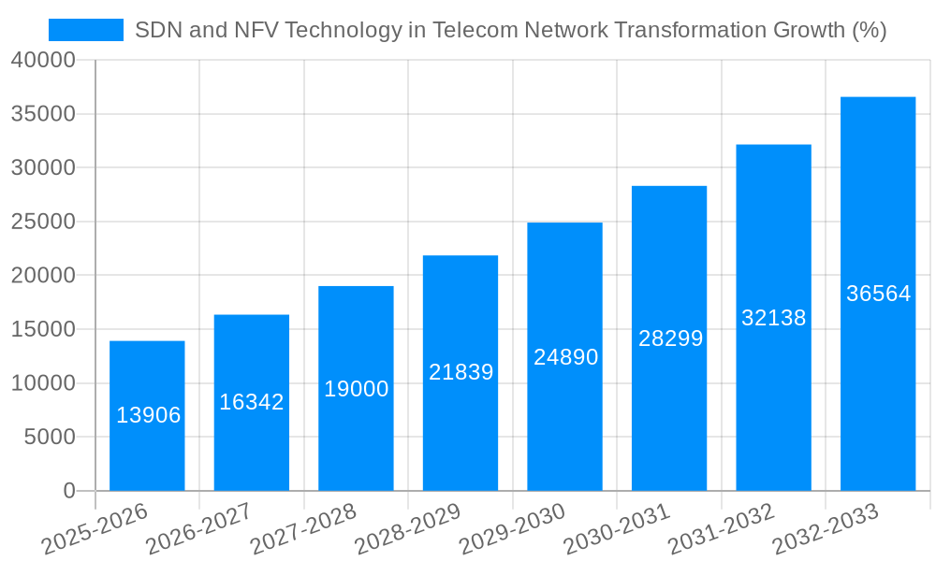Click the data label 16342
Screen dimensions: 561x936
pos(252,402)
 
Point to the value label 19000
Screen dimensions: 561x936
pos(357,389)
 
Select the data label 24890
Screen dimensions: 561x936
pos(565,357)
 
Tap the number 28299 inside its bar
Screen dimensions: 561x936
pos(670,338)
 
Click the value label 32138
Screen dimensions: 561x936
pos(774,318)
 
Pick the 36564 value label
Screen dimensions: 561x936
pos(879,294)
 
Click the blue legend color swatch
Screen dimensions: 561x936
pos(86,30)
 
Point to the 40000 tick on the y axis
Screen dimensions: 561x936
pos(43,61)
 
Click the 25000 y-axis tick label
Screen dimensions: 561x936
pos(43,223)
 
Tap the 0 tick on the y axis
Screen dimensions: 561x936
pos(68,491)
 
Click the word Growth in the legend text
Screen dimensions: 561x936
pos(799,30)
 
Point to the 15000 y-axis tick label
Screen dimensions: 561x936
pos(43,330)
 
